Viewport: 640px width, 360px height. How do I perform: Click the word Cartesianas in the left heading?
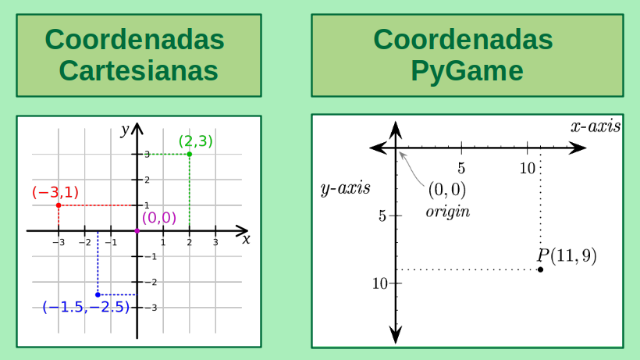[137, 72]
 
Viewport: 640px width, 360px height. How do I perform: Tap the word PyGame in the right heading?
[467, 72]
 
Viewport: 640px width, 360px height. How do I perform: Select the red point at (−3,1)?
[59, 205]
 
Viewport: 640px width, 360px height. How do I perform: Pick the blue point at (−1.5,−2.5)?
[98, 294]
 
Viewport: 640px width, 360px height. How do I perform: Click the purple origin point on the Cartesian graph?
[137, 231]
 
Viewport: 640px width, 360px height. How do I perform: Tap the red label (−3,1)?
[55, 192]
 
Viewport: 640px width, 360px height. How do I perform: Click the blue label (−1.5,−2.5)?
[86, 307]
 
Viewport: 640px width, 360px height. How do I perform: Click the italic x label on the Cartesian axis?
[246, 239]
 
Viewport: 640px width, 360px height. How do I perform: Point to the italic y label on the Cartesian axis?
[124, 130]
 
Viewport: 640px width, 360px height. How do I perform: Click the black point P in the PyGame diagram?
[541, 269]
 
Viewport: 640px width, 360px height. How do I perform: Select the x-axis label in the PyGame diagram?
[596, 126]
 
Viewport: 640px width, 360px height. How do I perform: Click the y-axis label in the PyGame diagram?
[345, 188]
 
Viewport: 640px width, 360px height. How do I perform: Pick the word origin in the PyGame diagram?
[447, 212]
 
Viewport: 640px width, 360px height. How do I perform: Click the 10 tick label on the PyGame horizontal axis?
[528, 168]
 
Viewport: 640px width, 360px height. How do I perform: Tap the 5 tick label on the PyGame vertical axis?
[382, 216]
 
